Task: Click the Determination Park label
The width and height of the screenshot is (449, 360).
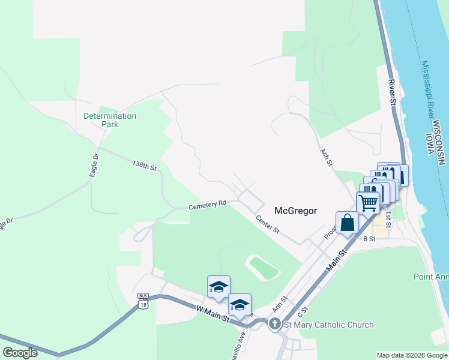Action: click(x=110, y=120)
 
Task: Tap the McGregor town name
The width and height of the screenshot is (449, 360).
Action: click(x=295, y=211)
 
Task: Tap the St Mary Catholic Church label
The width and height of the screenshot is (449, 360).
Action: click(x=328, y=325)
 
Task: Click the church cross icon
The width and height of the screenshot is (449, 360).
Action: click(x=274, y=325)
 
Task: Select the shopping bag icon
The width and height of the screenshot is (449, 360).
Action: click(x=348, y=223)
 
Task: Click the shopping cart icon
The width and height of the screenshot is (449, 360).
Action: click(x=368, y=202)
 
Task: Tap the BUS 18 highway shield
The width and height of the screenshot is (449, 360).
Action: click(x=143, y=301)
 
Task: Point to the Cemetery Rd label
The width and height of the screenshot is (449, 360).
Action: click(x=207, y=205)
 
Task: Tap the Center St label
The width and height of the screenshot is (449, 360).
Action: click(x=268, y=224)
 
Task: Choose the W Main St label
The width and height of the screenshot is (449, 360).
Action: click(x=213, y=314)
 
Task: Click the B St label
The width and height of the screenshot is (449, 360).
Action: click(x=369, y=238)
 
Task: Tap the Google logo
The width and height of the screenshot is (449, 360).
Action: click(x=20, y=353)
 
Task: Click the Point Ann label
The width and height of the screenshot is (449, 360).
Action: click(x=431, y=277)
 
